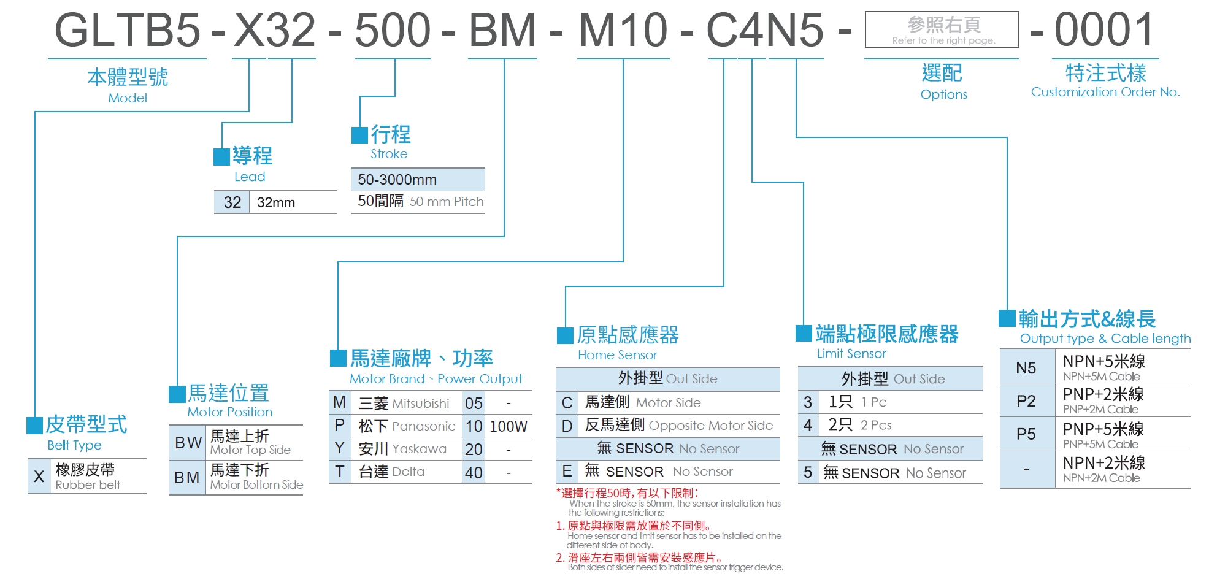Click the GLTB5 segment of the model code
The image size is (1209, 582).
[x=127, y=31]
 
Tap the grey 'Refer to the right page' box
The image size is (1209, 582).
[x=942, y=29]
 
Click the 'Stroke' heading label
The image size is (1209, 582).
[x=389, y=154]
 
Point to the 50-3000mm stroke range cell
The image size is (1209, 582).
[x=397, y=180]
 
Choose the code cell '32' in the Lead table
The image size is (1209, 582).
[x=232, y=202]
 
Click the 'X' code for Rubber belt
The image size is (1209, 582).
[x=39, y=477]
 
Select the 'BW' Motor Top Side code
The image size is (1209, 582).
[x=188, y=443]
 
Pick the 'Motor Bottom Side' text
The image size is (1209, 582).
[x=256, y=485]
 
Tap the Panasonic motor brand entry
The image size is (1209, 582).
[x=407, y=426]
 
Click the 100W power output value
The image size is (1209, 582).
[x=509, y=427]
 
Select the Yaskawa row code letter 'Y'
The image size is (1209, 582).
[x=339, y=449]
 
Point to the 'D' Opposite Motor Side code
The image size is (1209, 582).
[x=567, y=426]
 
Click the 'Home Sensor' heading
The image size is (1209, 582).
[x=617, y=355]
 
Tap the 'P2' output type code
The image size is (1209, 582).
[x=1026, y=401]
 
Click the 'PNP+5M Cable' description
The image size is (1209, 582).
[x=1100, y=444]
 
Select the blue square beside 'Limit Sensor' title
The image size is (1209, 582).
[x=804, y=333]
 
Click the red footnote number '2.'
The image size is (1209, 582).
[x=560, y=558]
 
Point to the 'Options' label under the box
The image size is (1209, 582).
[x=943, y=94]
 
